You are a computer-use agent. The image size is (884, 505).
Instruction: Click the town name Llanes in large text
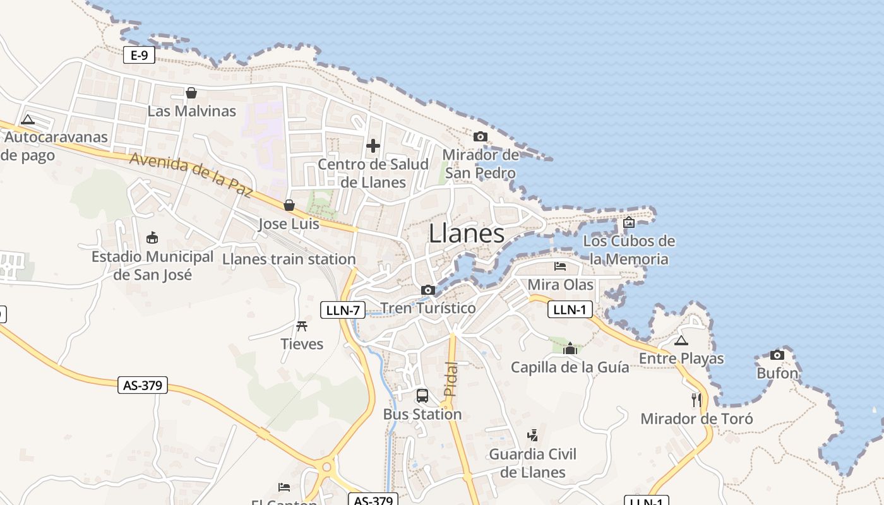pos(467,234)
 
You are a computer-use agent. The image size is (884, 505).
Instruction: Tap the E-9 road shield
pos(139,56)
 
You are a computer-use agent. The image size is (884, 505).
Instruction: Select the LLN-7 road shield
pos(343,310)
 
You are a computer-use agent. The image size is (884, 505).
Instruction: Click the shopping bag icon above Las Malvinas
pos(191,93)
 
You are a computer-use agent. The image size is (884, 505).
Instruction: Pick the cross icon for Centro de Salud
pos(373,146)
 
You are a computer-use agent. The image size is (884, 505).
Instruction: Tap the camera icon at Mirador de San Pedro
pos(481,136)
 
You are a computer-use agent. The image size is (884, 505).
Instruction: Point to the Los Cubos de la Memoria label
pos(628,250)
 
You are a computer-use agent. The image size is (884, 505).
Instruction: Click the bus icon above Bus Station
pos(422,396)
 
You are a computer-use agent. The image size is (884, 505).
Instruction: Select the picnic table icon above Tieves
pos(302,326)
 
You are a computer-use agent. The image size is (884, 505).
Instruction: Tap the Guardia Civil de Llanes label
pos(533,463)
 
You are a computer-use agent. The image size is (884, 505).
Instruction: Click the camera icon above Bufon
pos(777,355)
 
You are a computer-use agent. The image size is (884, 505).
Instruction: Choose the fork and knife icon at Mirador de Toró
pos(696,400)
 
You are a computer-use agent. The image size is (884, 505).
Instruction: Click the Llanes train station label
pos(289,259)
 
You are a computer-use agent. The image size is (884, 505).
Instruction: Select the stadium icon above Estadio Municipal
pos(152,238)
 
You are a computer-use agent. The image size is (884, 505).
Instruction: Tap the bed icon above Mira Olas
pos(560,266)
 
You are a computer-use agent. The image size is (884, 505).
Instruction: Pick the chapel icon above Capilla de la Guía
pos(570,348)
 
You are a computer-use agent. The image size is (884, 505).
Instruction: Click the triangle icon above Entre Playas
pos(681,341)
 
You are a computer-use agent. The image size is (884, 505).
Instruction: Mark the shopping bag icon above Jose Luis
pos(289,205)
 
